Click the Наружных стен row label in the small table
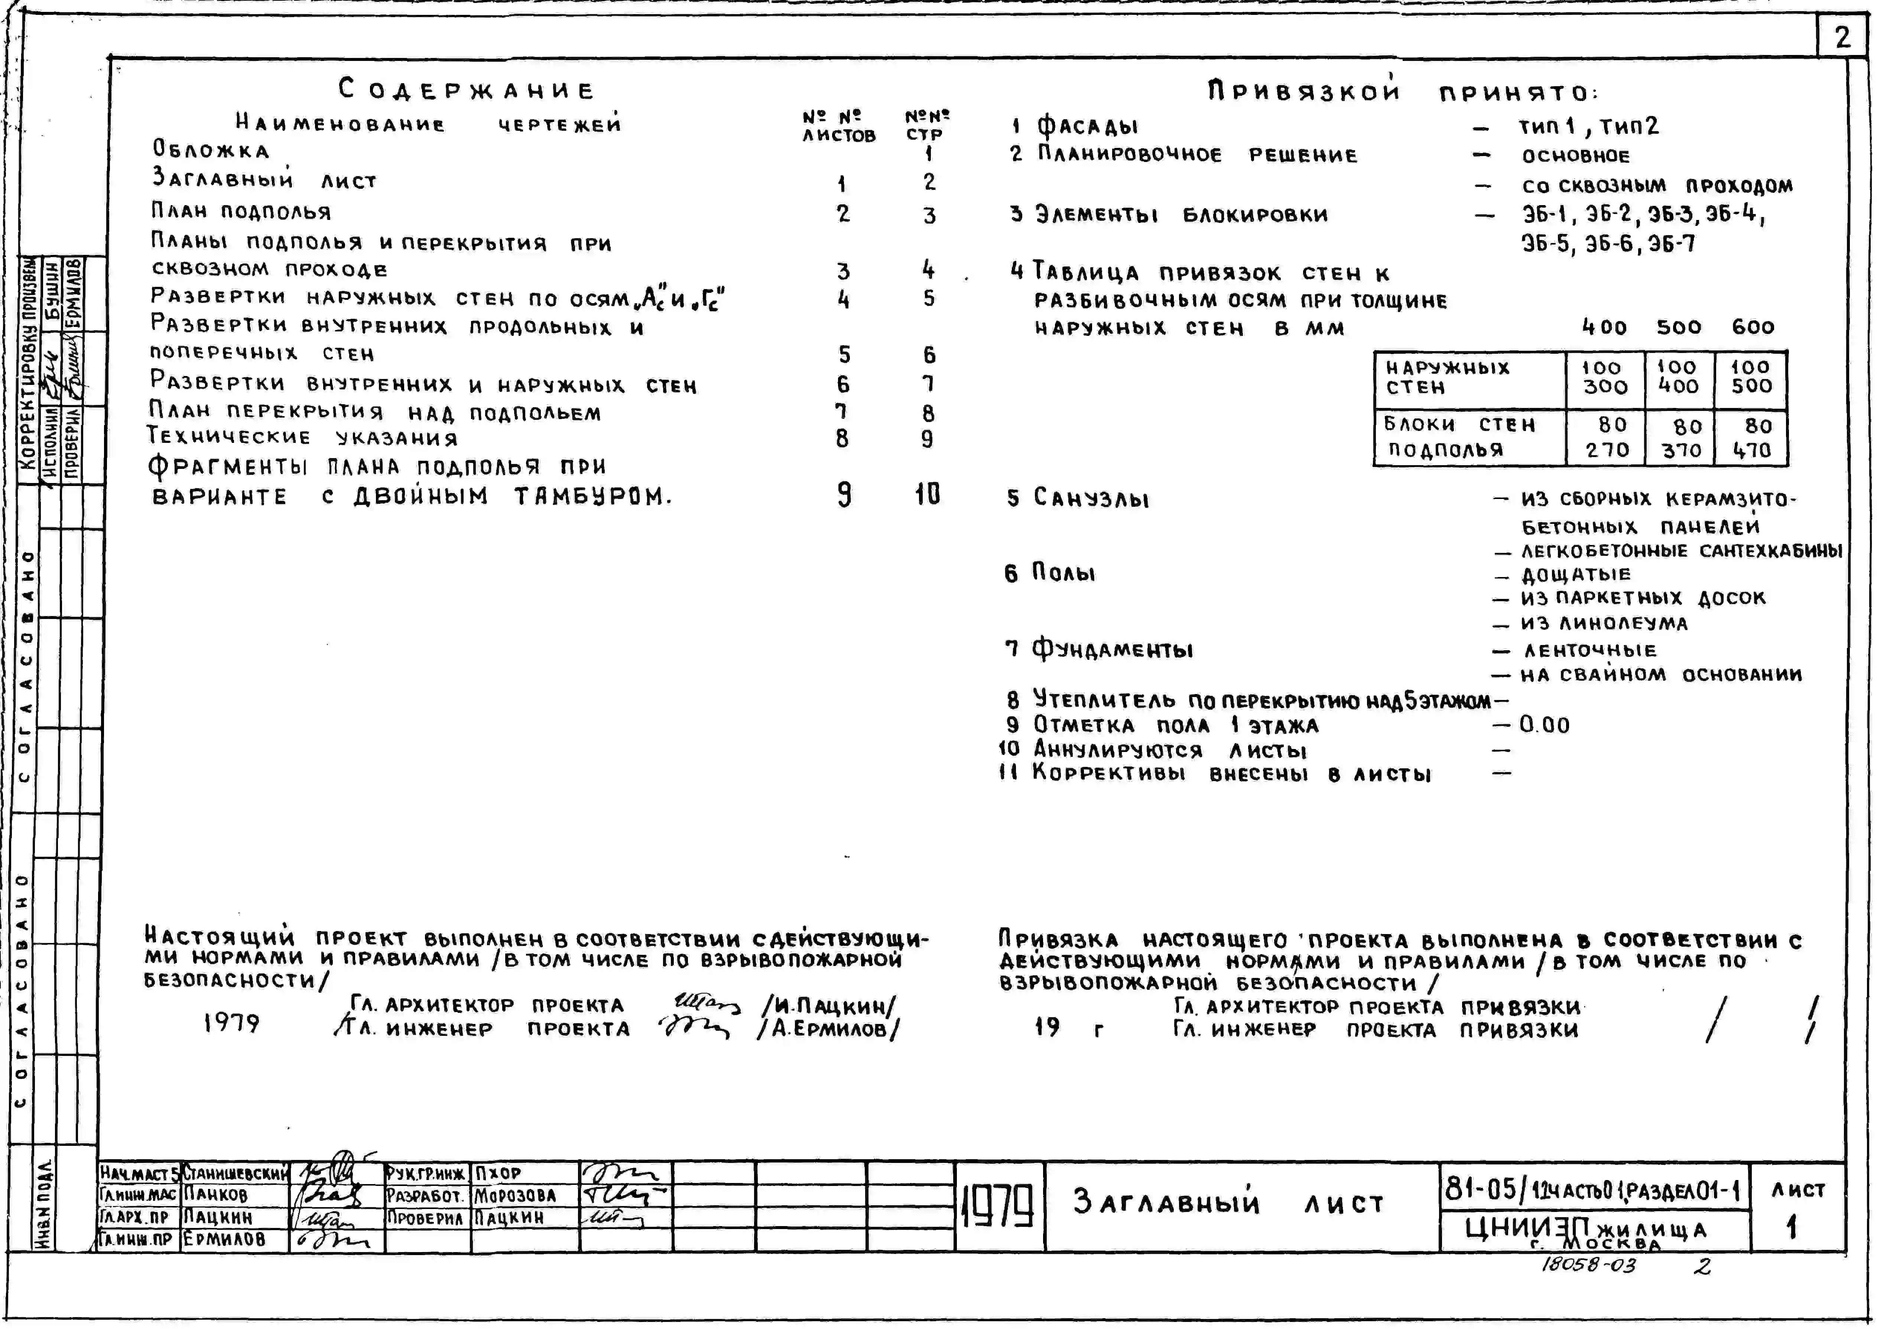pyautogui.click(x=1446, y=377)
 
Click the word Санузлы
pyautogui.click(x=1091, y=497)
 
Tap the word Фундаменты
pyautogui.click(x=1111, y=650)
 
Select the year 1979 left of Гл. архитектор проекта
pyautogui.click(x=231, y=1023)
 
